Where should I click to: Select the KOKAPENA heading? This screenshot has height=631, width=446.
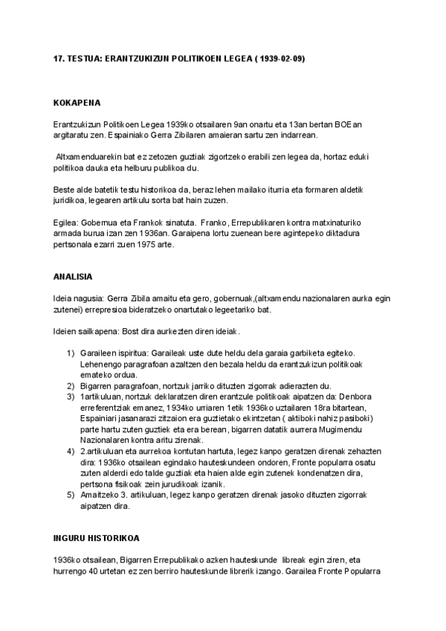77,103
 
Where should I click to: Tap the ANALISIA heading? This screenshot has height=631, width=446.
73,277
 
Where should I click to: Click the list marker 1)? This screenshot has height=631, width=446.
71,352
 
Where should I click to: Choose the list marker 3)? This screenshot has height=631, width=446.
71,397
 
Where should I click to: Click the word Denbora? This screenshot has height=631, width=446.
350,397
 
